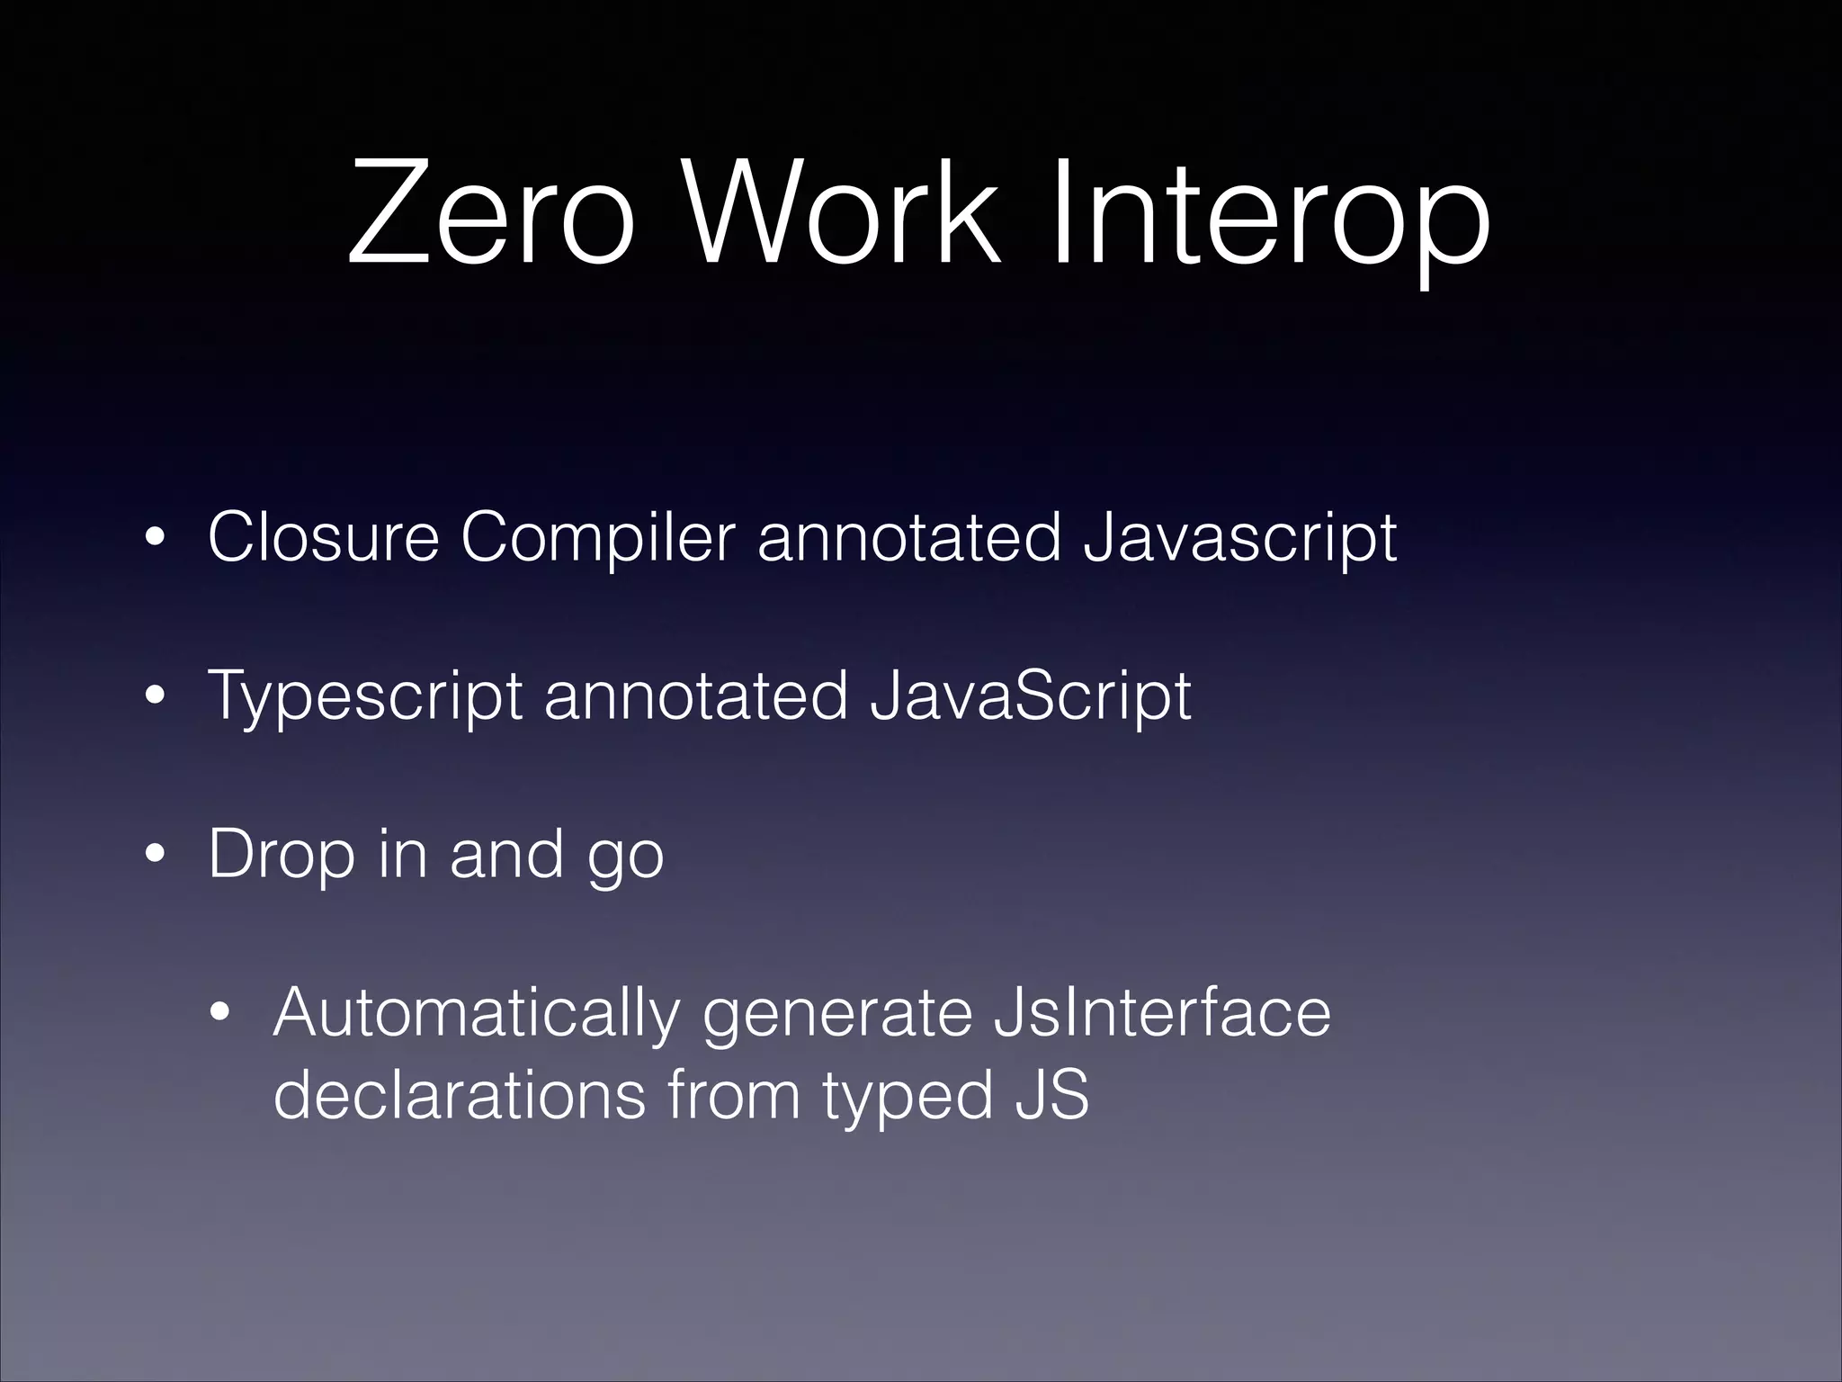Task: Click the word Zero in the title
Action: (x=490, y=217)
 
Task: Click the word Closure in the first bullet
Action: (x=324, y=538)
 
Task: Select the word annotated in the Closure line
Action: (x=909, y=538)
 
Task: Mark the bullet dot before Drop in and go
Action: (x=155, y=856)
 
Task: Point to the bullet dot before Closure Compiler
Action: (x=155, y=540)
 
